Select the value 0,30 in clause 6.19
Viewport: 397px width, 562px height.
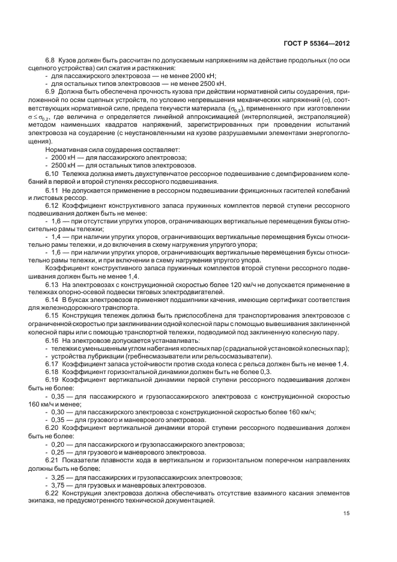coord(58,411)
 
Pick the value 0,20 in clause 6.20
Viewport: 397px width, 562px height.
coord(58,443)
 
